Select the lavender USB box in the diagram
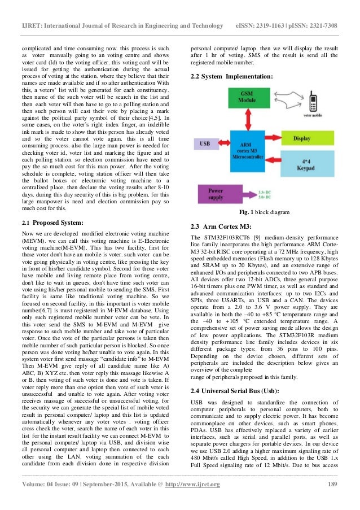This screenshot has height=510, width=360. point(205,143)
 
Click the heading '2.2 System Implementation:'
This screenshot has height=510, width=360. point(231,76)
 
